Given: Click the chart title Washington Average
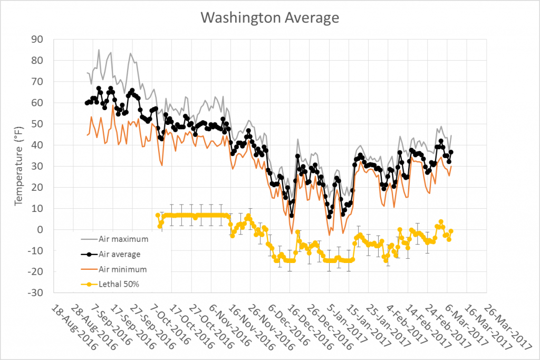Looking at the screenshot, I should [269, 17].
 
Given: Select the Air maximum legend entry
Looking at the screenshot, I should [123, 239].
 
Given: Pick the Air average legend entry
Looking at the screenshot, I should [119, 254].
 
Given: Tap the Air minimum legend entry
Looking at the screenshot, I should [122, 269].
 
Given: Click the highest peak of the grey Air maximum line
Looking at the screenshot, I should [99, 50].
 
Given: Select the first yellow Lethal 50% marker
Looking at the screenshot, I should [158, 215].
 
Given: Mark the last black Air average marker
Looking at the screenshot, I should [451, 152].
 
